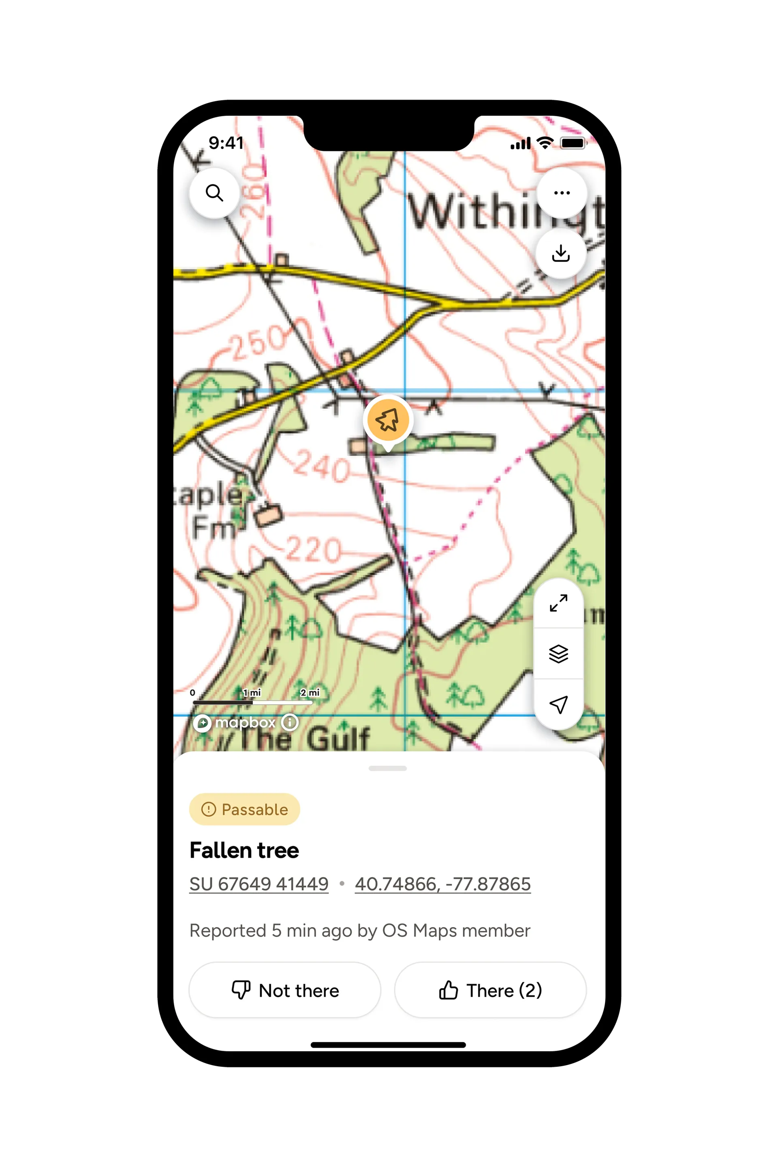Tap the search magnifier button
click(214, 192)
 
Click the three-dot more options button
click(562, 192)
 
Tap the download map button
click(561, 254)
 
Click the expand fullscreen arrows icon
click(559, 603)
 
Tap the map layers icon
click(559, 654)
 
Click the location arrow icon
click(559, 704)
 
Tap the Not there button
click(285, 990)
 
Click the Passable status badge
click(245, 809)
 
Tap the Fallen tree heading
click(244, 851)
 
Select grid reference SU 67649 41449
click(259, 884)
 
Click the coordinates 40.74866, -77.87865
click(442, 884)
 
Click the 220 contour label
click(314, 549)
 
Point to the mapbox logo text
click(245, 722)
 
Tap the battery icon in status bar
click(573, 143)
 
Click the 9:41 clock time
click(226, 143)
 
